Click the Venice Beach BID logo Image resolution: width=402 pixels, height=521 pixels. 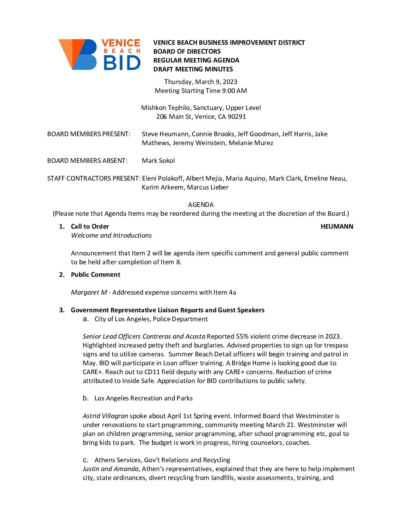tap(99, 55)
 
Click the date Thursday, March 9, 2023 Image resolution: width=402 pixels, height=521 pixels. tap(201, 82)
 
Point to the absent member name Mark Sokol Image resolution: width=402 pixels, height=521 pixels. tap(158, 161)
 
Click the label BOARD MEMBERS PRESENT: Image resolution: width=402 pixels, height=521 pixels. tap(89, 134)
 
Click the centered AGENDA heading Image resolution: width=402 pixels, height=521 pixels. tap(201, 205)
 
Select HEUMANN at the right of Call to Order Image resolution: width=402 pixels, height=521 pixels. tap(337, 226)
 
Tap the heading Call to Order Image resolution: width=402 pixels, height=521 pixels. tap(90, 226)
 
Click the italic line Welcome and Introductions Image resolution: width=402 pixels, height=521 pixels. tap(111, 235)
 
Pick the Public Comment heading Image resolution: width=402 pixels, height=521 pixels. tap(95, 275)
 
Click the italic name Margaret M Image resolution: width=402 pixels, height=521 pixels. tap(89, 292)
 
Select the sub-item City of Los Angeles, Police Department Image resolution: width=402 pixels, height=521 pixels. tap(151, 319)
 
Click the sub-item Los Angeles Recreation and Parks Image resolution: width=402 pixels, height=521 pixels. tap(143, 398)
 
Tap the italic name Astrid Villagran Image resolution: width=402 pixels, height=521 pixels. tap(105, 416)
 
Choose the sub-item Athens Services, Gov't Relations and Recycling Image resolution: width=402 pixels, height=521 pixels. tap(162, 460)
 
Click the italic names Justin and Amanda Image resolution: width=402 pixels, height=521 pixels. tap(110, 469)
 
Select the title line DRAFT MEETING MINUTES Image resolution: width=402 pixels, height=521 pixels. tap(193, 69)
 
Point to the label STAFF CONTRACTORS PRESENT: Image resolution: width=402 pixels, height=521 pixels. tap(94, 178)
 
